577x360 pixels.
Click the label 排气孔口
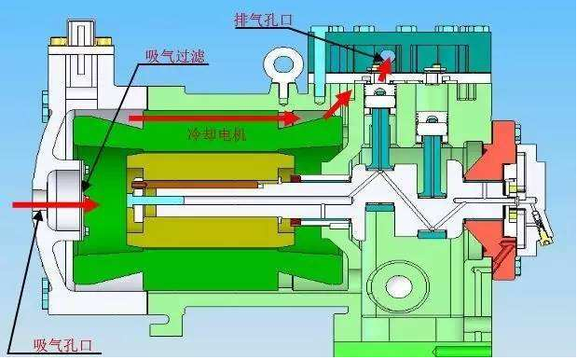(x=264, y=20)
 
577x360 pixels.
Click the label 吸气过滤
(x=175, y=56)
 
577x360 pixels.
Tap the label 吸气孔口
(x=63, y=346)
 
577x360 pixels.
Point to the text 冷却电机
(x=217, y=135)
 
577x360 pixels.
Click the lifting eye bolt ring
(x=283, y=64)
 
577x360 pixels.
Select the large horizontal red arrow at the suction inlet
(x=56, y=204)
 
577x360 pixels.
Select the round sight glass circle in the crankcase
(x=398, y=284)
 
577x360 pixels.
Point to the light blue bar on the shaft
(x=156, y=201)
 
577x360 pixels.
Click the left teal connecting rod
(x=381, y=139)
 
